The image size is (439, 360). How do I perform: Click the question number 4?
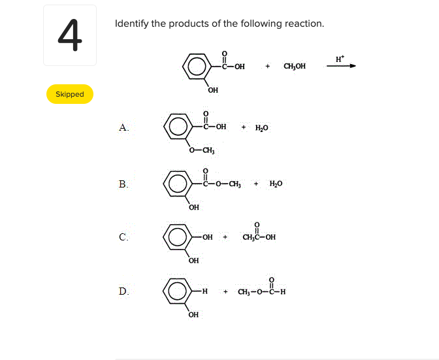[70, 35]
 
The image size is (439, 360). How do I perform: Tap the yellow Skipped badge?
[70, 94]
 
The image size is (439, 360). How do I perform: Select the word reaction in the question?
[302, 24]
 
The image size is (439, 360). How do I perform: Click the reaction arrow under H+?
[341, 66]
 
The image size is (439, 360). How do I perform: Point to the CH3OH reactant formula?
[295, 66]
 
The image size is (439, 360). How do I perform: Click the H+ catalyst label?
[339, 58]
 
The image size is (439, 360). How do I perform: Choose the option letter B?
[123, 184]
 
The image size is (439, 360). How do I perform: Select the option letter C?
[123, 237]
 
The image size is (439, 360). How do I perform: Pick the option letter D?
[123, 291]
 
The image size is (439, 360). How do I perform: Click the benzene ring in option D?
[176, 291]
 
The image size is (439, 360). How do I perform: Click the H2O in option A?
[261, 127]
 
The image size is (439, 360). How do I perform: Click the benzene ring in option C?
[176, 237]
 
